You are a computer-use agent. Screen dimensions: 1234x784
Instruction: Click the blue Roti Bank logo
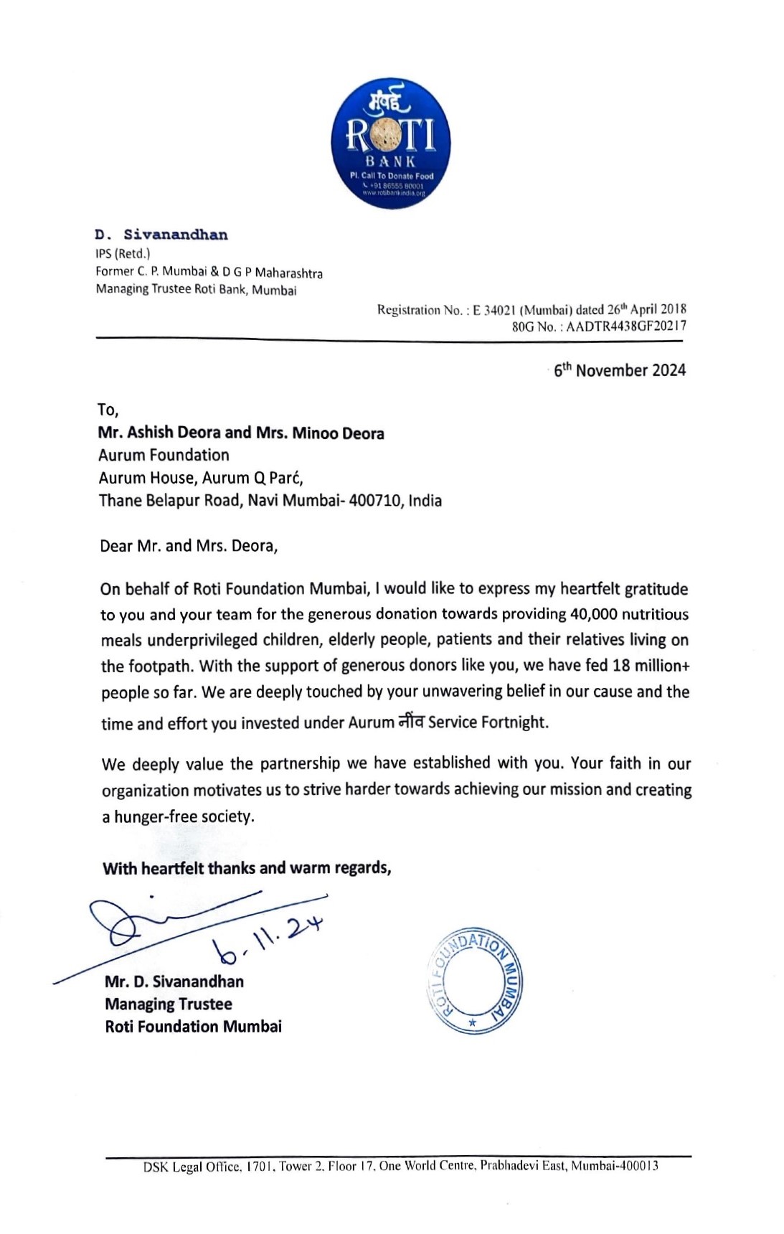(x=391, y=143)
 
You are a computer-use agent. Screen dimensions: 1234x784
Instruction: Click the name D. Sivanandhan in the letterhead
(x=161, y=235)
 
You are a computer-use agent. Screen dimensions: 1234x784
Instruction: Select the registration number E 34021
(x=494, y=310)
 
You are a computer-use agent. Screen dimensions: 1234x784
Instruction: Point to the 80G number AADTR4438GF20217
(x=625, y=326)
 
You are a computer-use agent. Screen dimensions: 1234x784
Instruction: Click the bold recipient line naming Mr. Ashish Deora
(x=241, y=433)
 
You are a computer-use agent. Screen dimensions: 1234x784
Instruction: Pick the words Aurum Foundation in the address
(x=164, y=455)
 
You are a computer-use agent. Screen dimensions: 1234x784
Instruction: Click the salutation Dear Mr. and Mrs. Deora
(x=189, y=546)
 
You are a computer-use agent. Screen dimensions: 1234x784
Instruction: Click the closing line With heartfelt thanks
(x=247, y=868)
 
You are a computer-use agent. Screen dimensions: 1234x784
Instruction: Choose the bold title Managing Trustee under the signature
(x=169, y=1004)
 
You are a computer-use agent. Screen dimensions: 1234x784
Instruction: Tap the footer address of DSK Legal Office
(x=400, y=1166)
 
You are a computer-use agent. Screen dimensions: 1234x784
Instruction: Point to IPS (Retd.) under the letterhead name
(x=123, y=253)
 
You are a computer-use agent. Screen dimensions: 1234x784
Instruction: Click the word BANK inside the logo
(x=390, y=161)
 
